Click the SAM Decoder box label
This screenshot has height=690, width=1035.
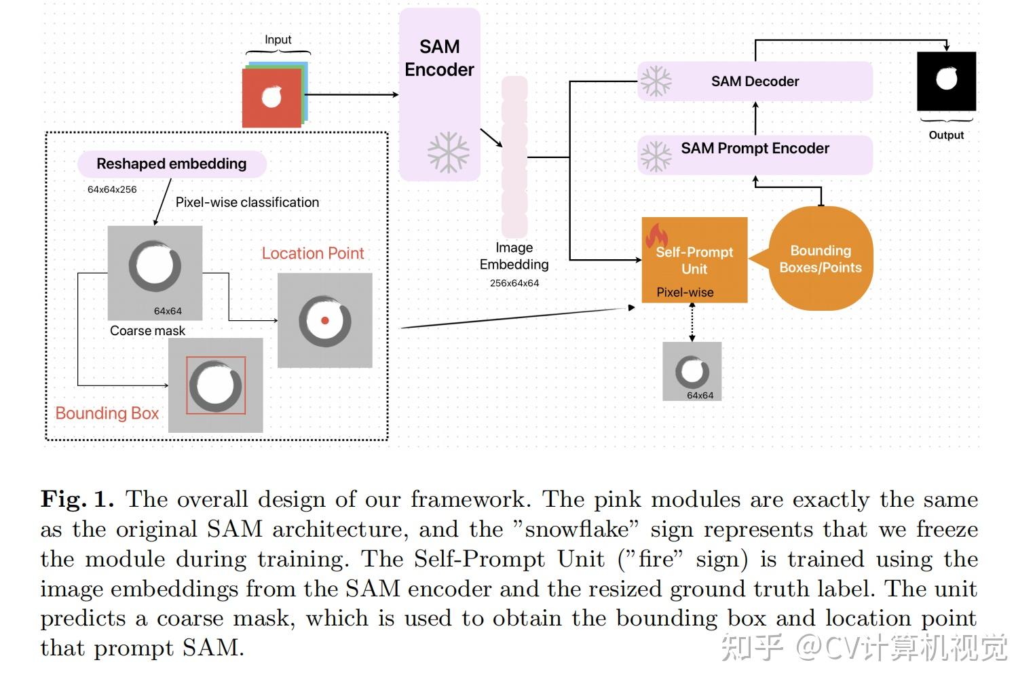tap(755, 81)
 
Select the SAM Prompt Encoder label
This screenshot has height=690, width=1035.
tap(755, 149)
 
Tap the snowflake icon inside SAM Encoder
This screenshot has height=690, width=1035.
tap(448, 153)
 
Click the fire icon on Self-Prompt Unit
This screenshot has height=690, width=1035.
tap(656, 235)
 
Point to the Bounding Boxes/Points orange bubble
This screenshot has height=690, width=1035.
tap(821, 258)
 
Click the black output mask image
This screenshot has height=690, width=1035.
tap(946, 81)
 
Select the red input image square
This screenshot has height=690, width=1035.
tap(271, 98)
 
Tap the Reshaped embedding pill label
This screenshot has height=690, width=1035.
tap(172, 164)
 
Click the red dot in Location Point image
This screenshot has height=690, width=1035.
tap(325, 320)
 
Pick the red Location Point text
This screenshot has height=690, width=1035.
tap(313, 253)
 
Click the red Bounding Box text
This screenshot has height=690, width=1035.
tap(107, 413)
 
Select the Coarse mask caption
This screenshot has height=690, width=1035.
tap(147, 330)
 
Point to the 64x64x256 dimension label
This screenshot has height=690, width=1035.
tap(112, 189)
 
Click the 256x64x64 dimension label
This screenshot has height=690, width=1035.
tap(514, 283)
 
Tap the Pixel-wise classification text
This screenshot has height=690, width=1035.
tap(247, 202)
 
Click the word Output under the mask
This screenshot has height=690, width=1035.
tap(946, 135)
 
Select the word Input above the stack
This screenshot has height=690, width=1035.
tap(278, 40)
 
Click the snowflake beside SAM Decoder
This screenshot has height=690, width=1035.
tap(656, 81)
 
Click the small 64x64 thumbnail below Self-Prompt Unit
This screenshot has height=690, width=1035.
tap(692, 371)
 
